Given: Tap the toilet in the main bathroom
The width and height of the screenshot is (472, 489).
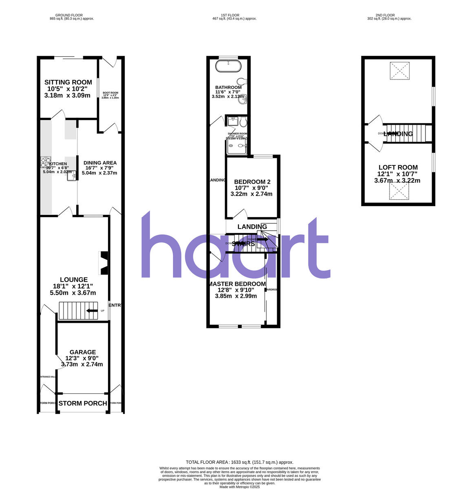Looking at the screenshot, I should [x=241, y=80].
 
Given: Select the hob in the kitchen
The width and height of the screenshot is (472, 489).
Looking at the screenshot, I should [x=45, y=162].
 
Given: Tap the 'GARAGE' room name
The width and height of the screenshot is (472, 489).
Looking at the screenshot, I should [x=83, y=352].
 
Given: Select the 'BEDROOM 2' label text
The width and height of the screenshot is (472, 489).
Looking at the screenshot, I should [x=252, y=182].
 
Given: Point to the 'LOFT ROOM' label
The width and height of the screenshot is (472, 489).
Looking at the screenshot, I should [x=398, y=167].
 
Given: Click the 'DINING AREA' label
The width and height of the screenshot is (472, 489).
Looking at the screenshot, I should [x=100, y=163].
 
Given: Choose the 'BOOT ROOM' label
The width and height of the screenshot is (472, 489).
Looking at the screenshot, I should [x=110, y=93].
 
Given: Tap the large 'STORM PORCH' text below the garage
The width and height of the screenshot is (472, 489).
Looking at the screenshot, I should [x=83, y=403].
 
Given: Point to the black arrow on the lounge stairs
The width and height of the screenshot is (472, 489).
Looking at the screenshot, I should [x=92, y=311].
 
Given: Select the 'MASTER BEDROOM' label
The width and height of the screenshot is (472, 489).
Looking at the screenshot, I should [x=237, y=284].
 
